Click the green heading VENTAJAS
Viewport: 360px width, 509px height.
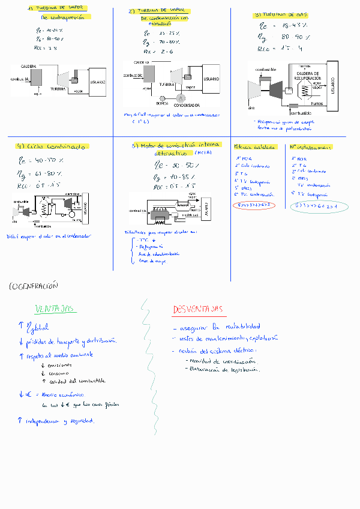tap(55, 309)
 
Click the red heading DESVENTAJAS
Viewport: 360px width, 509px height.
tap(199, 309)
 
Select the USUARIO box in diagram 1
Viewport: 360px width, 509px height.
tap(98, 82)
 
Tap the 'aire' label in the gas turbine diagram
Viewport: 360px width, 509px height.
tap(253, 108)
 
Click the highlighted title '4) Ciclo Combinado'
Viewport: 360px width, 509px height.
tap(53, 146)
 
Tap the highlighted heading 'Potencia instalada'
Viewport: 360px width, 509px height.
tap(254, 146)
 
